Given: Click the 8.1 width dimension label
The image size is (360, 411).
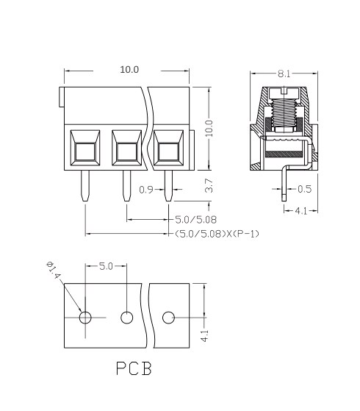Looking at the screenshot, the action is click(x=284, y=74).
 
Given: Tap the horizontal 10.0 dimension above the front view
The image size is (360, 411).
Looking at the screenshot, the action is click(x=129, y=69).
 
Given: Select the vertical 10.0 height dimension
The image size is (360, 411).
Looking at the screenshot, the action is click(x=209, y=128).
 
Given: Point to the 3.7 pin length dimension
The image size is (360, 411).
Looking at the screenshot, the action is click(x=209, y=185).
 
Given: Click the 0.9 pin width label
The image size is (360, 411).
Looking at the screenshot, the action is click(x=146, y=190).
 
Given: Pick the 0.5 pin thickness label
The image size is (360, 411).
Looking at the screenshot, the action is click(x=304, y=189).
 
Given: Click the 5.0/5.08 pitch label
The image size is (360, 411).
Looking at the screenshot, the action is click(x=195, y=220).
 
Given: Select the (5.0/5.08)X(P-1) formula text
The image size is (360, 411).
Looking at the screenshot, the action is click(x=217, y=234).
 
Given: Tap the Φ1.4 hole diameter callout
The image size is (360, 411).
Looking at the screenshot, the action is click(x=54, y=271).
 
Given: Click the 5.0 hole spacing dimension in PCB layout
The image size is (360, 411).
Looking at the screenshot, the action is click(x=106, y=266).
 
